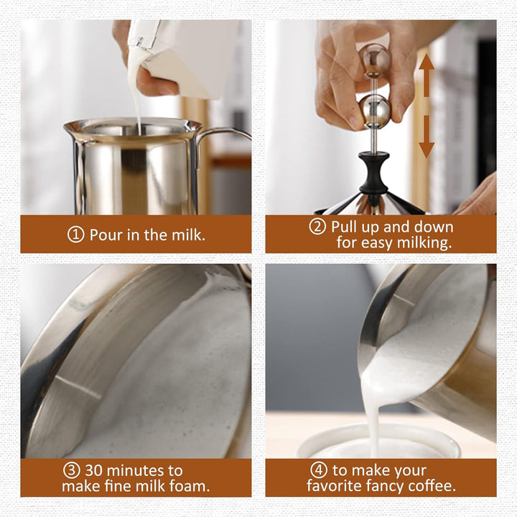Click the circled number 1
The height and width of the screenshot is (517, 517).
point(76,235)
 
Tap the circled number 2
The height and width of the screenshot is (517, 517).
point(317,226)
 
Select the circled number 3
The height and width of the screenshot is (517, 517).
point(72,470)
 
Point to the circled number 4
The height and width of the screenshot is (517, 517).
point(319,470)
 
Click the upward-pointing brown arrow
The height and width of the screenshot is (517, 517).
point(427,75)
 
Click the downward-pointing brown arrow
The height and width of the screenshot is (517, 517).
point(427,137)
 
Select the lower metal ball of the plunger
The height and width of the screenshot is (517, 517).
point(375,111)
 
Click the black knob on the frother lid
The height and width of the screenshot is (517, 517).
point(374,172)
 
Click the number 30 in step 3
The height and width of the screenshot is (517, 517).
point(95,470)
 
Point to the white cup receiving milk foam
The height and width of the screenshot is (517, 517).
point(379,442)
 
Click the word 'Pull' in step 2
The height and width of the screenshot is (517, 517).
point(344,227)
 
